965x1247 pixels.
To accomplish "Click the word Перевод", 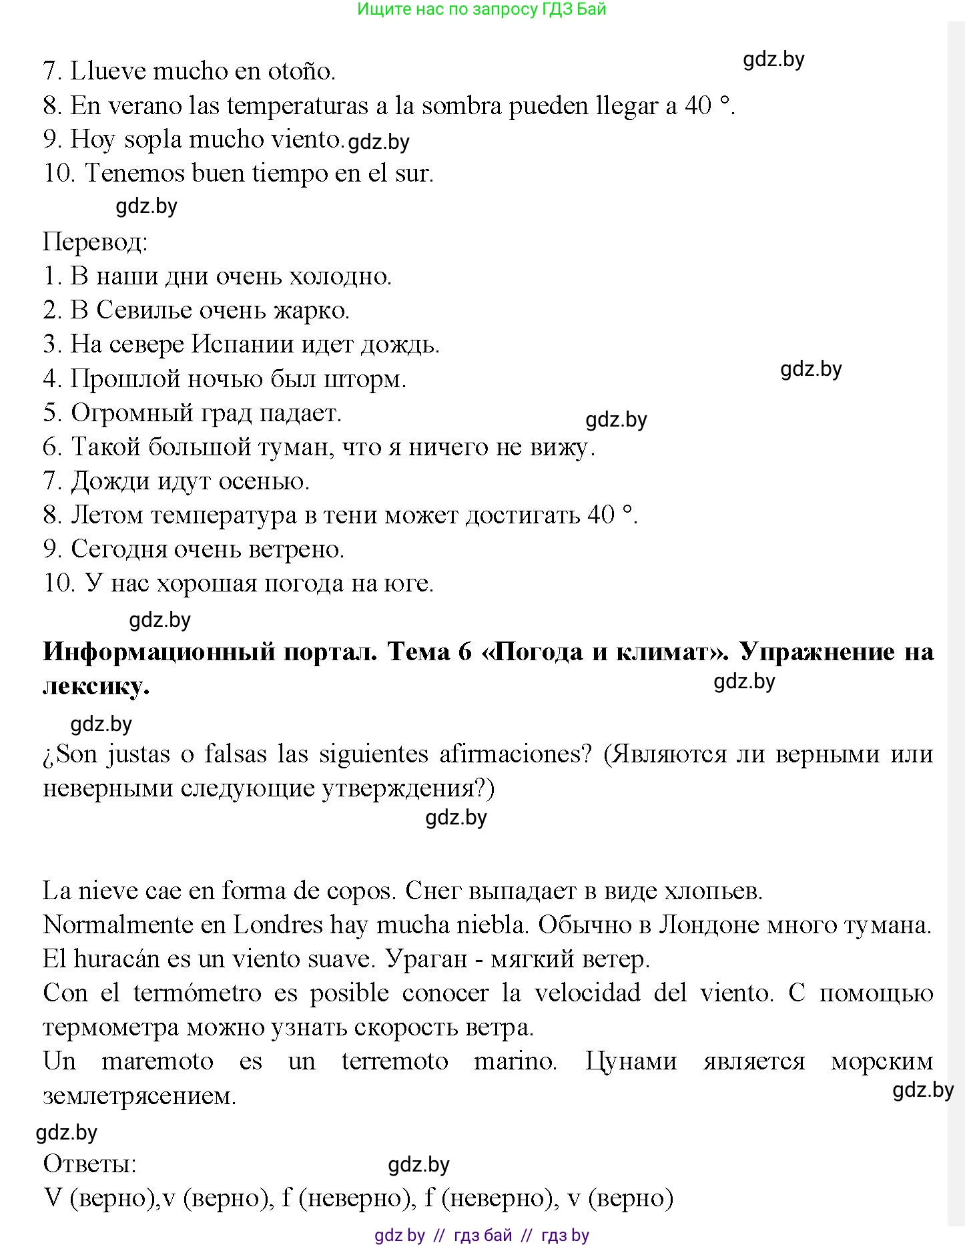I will click(95, 242).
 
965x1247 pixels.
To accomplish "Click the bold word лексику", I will click(95, 686).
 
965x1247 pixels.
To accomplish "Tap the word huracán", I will click(117, 959).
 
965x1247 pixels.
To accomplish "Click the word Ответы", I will click(89, 1164).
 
